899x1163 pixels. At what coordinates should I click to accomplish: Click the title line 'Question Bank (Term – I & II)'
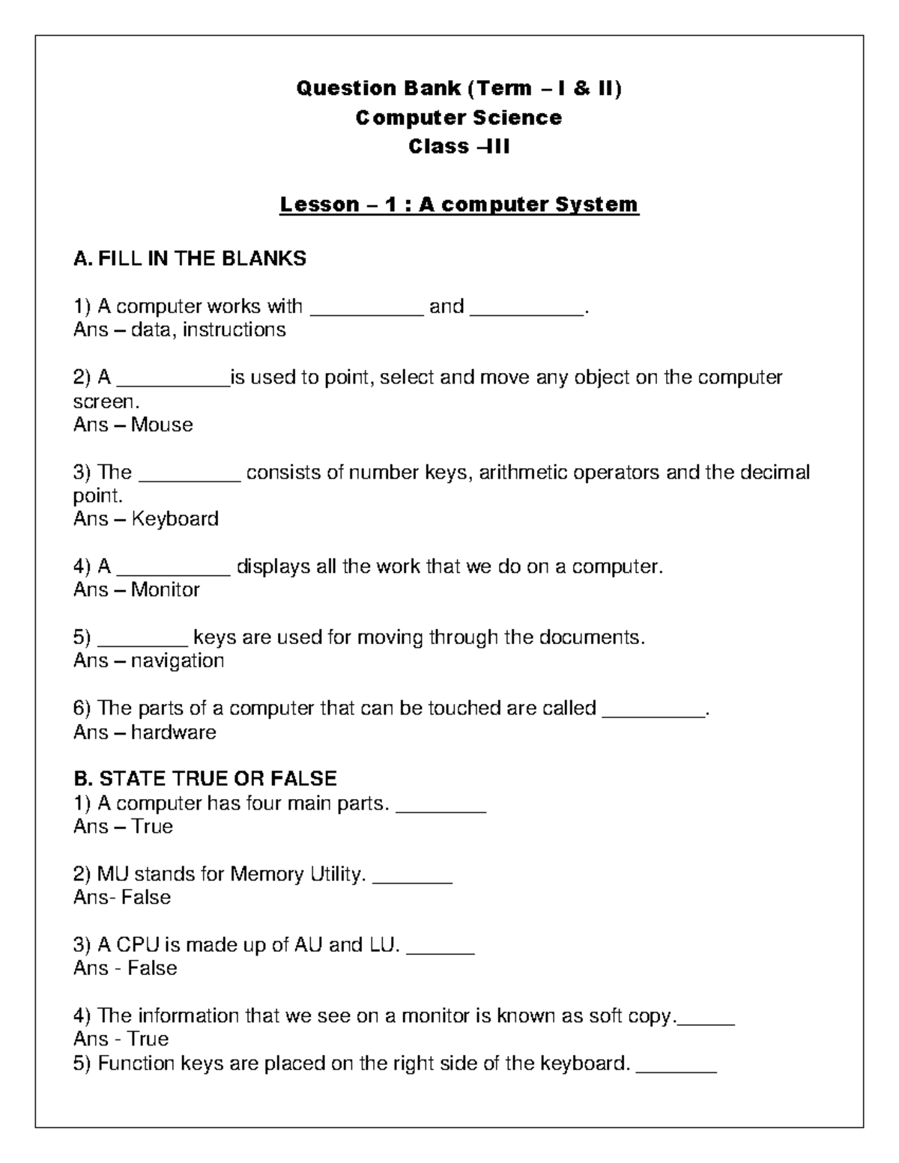tap(458, 89)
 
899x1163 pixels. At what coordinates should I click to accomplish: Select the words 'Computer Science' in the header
tap(458, 118)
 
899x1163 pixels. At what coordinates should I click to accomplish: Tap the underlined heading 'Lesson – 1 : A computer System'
tap(458, 204)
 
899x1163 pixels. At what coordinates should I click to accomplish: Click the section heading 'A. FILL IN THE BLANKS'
tap(190, 259)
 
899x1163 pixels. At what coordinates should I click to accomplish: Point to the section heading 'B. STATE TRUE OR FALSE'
tap(205, 779)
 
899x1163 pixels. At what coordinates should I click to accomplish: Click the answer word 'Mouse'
tap(162, 425)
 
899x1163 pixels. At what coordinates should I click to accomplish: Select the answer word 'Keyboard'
tap(175, 519)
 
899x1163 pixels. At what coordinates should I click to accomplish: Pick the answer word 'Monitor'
tap(165, 590)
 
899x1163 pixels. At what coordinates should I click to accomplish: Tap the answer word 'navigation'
tap(178, 661)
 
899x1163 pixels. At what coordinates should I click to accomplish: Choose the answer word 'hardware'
tap(173, 732)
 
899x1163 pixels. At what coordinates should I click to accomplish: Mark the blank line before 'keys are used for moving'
tap(142, 643)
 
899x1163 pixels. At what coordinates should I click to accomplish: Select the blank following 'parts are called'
tap(653, 714)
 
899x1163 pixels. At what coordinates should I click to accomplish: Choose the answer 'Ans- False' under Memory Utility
tap(122, 897)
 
